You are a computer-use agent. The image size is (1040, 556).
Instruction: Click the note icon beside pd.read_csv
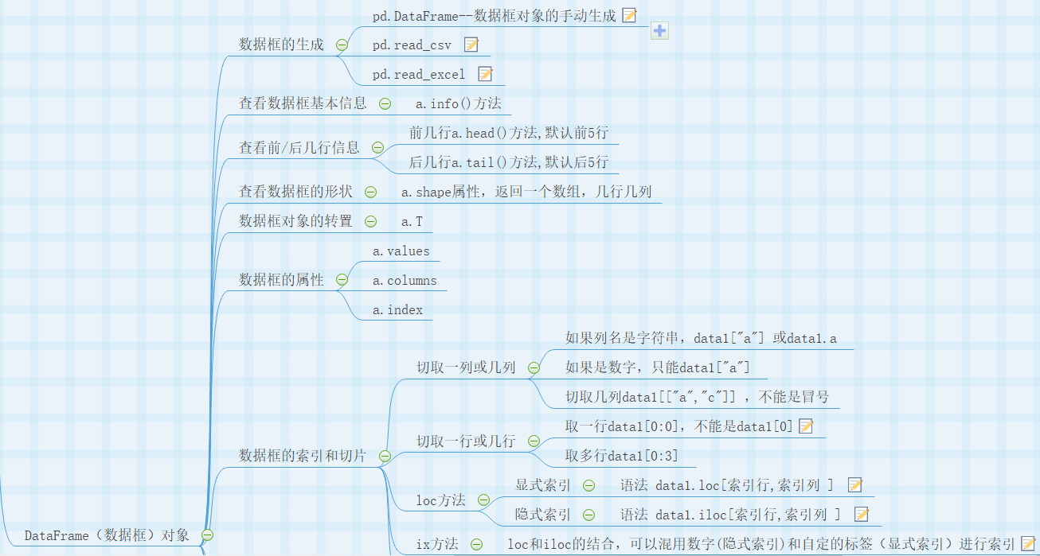471,45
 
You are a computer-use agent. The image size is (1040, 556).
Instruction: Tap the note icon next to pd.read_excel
485,74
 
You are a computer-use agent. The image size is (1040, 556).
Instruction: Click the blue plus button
660,31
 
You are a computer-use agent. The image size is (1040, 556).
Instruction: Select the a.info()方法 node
458,103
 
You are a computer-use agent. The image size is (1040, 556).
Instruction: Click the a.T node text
412,221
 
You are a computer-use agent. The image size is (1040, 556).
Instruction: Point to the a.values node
401,251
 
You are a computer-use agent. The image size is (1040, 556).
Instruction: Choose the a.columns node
405,281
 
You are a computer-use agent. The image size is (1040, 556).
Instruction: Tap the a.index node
397,310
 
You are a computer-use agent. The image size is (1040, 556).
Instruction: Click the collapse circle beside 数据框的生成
342,45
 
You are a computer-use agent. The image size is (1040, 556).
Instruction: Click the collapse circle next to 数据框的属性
342,280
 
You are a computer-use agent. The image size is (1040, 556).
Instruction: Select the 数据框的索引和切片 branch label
303,456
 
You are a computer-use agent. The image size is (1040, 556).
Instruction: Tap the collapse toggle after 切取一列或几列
534,367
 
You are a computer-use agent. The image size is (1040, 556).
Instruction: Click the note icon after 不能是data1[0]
806,426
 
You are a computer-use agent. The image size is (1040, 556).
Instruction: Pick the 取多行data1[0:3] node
621,457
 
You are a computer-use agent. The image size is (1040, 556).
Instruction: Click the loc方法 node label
440,500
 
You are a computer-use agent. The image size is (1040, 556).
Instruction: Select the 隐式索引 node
542,515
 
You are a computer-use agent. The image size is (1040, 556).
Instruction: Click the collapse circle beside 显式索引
588,485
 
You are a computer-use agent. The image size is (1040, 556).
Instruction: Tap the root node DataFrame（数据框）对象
107,535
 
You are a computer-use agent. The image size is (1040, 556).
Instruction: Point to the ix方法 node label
437,544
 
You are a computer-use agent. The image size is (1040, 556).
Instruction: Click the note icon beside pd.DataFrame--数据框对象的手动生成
629,15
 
